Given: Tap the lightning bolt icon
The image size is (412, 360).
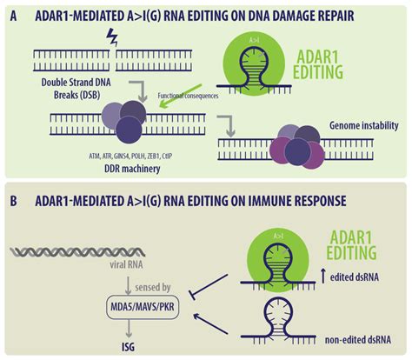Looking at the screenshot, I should [x=110, y=38].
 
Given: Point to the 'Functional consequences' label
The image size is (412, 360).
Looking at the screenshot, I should [x=188, y=96].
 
